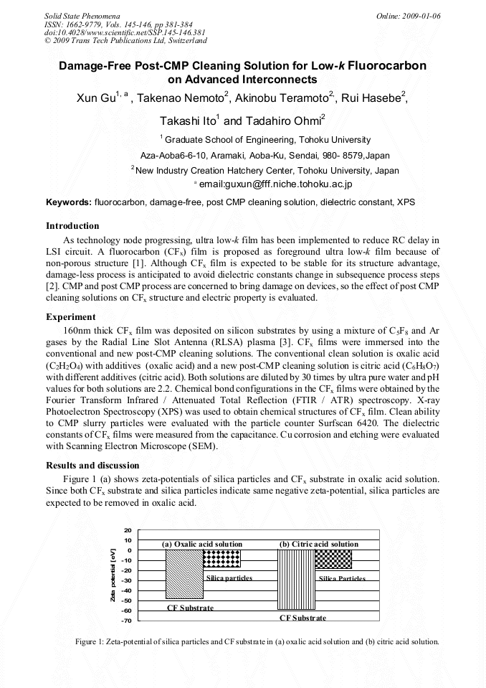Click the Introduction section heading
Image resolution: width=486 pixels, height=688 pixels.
pyautogui.click(x=72, y=226)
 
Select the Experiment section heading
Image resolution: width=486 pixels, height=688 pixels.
pyautogui.click(x=70, y=316)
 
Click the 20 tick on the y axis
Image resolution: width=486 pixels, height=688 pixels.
pyautogui.click(x=128, y=530)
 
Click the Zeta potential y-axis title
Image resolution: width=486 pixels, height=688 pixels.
pyautogui.click(x=113, y=575)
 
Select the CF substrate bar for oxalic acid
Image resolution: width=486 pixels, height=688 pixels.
pyautogui.click(x=184, y=574)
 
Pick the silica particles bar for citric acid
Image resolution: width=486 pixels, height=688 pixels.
pyautogui.click(x=334, y=560)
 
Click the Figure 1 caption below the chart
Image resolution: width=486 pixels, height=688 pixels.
pyautogui.click(x=257, y=641)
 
